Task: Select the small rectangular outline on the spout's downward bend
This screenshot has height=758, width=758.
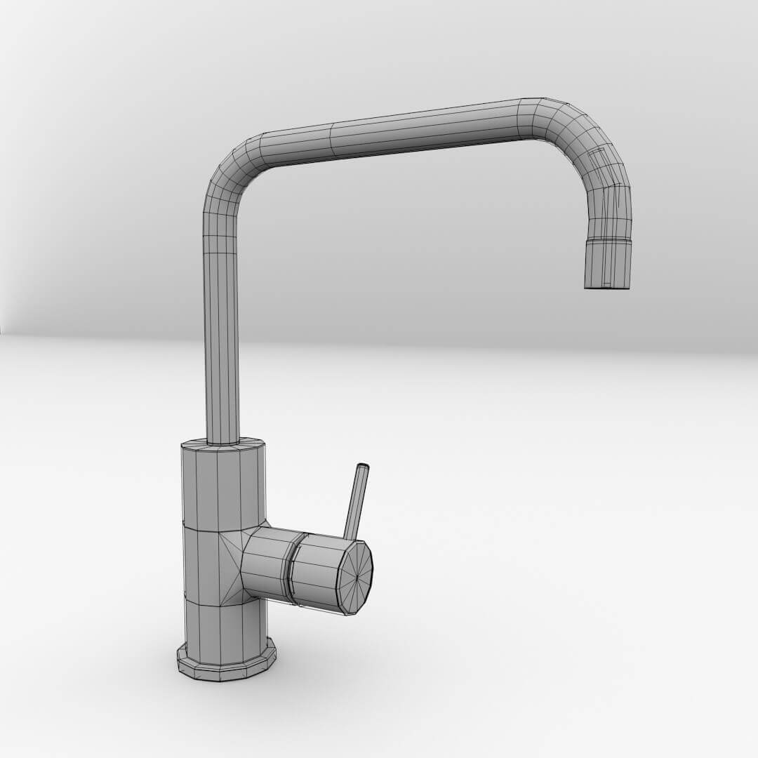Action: point(598,159)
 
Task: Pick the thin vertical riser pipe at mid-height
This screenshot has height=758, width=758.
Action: point(222,330)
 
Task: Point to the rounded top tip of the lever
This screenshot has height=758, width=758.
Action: point(363,467)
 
